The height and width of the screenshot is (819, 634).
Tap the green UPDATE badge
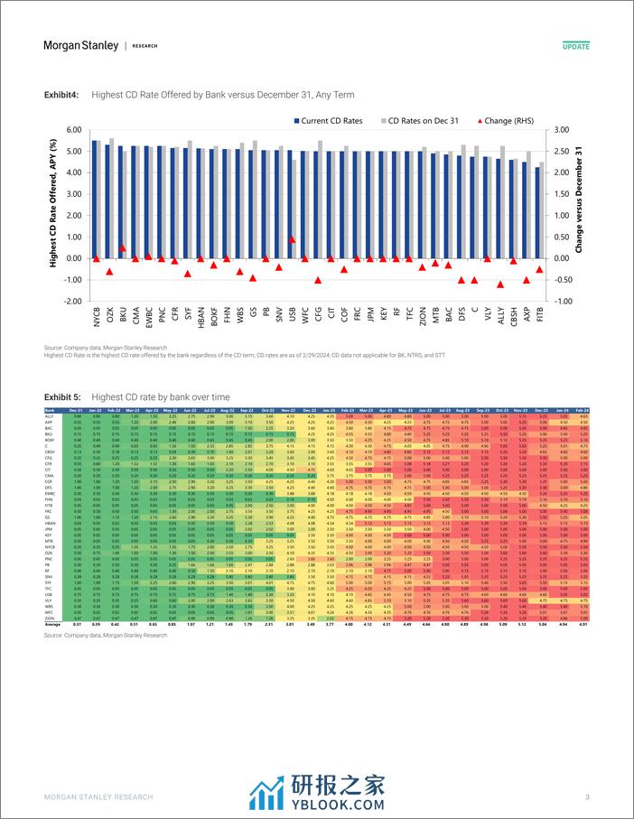[x=575, y=45]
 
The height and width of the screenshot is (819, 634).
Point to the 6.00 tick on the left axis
[x=72, y=130]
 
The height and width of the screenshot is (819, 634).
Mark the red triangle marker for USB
[x=292, y=239]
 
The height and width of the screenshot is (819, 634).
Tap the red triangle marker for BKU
[x=122, y=247]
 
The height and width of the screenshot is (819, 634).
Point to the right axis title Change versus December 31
[x=580, y=215]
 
